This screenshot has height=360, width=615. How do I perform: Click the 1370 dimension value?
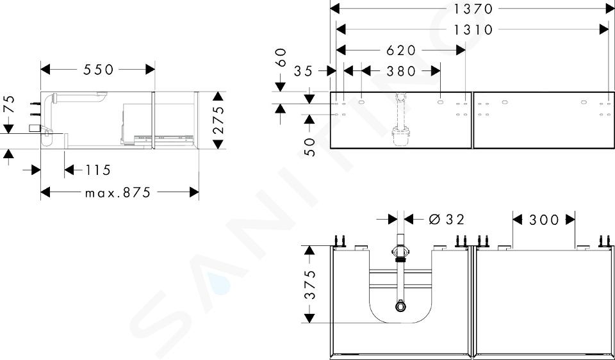coord(472,8)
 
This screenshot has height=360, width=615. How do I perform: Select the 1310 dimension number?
coord(472,29)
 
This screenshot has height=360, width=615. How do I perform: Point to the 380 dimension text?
coord(401,71)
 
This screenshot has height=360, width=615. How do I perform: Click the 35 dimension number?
coord(304,71)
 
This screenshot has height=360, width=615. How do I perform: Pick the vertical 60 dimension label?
coord(281,57)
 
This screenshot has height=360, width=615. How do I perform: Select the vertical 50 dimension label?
coord(310,147)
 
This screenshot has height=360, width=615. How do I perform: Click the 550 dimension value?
coord(98,70)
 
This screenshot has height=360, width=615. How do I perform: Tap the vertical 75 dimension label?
coord(8,104)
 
